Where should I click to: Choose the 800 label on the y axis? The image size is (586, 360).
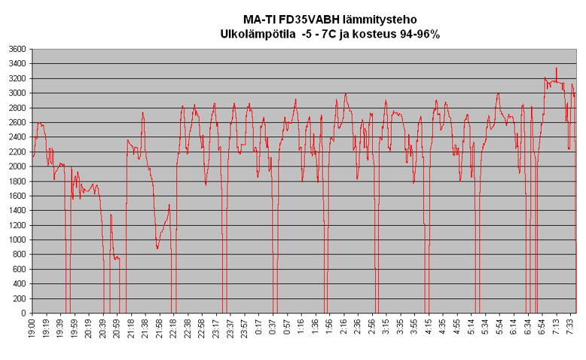coord(19,255)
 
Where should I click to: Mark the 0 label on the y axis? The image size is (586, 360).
coord(23,313)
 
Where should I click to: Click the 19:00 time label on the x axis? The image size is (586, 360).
coord(32,328)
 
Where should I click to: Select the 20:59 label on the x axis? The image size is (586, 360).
coord(117,328)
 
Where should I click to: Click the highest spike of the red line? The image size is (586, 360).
coord(556,69)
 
